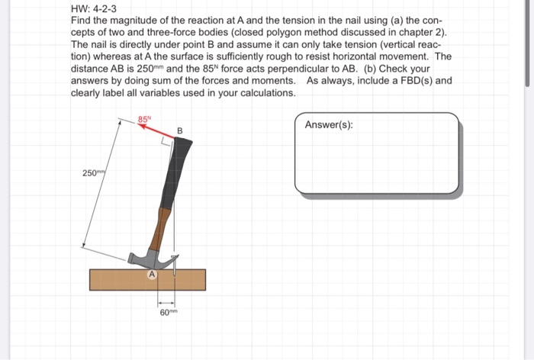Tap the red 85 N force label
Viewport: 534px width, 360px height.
click(x=144, y=118)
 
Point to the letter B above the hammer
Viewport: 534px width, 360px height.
click(x=180, y=132)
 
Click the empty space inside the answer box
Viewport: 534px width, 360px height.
click(x=376, y=164)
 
